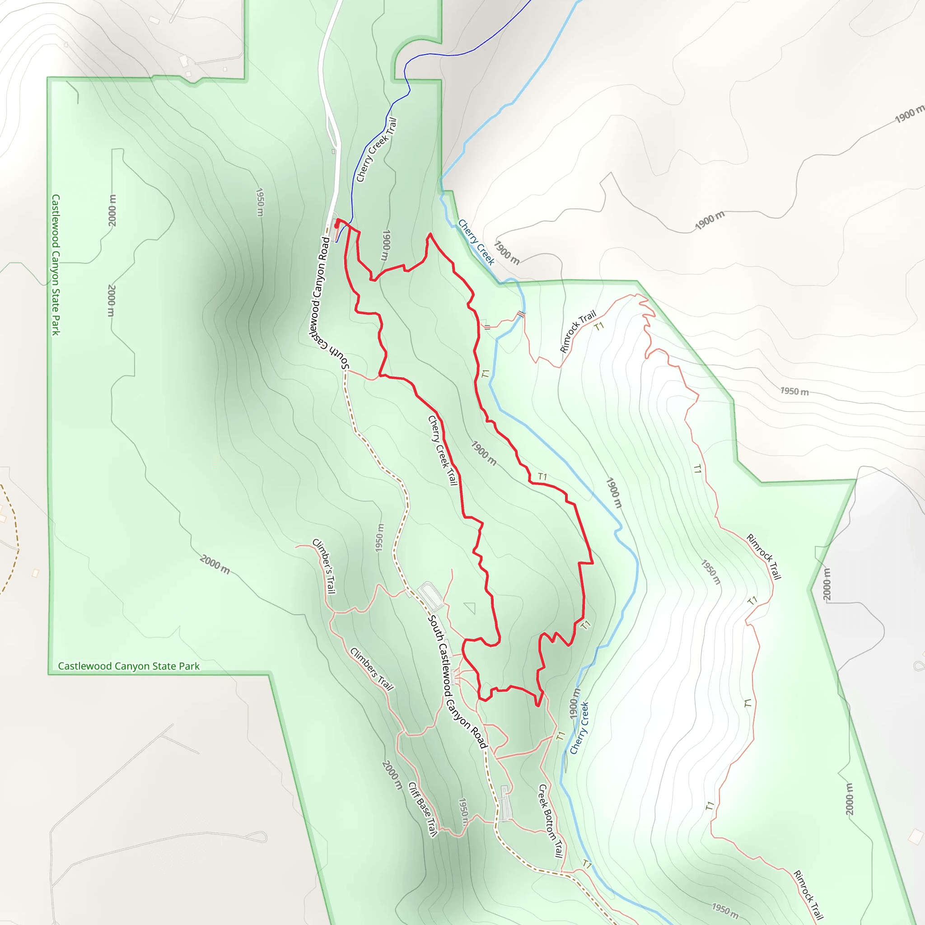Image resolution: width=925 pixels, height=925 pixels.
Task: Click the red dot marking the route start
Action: (337, 225)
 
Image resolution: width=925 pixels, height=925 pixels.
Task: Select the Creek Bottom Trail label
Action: (551, 821)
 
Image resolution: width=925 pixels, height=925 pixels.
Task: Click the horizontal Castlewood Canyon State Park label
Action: (129, 666)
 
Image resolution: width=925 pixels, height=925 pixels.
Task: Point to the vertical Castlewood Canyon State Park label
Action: (56, 265)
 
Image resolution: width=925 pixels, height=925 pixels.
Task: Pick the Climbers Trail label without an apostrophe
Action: (372, 669)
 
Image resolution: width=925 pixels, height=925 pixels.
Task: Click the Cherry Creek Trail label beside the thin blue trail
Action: (377, 150)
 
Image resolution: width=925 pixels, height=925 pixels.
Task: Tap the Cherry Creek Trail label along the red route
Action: (443, 450)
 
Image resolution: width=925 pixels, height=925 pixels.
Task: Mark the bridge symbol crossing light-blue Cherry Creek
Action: (521, 314)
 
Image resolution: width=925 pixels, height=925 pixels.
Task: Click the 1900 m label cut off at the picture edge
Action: (910, 114)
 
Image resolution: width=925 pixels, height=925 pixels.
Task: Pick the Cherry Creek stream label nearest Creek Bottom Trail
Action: (579, 728)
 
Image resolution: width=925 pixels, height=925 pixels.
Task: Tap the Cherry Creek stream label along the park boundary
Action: (476, 242)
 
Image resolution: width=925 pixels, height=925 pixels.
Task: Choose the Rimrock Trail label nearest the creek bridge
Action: (578, 332)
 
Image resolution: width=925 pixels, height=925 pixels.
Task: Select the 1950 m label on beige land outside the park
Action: (795, 391)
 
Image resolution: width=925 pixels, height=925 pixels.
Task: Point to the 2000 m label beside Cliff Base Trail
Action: (392, 775)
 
